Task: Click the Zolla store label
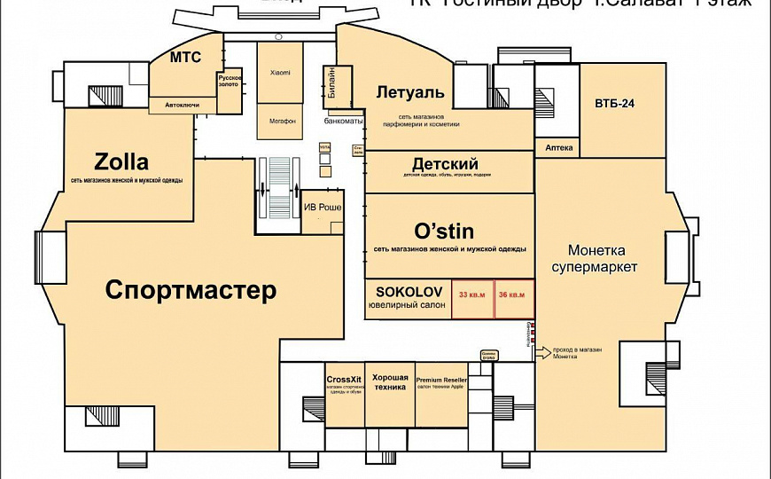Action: [121, 162]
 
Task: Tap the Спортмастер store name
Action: [191, 290]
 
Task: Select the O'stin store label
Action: [449, 231]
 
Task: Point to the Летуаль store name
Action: [409, 92]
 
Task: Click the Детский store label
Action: [445, 164]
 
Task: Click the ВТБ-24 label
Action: [615, 103]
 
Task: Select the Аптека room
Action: [559, 147]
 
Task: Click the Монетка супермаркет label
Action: [596, 259]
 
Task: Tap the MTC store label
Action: [186, 58]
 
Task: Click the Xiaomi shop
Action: [280, 72]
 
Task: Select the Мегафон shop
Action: [280, 120]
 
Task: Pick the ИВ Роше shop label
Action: [323, 208]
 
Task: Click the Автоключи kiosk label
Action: [183, 106]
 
